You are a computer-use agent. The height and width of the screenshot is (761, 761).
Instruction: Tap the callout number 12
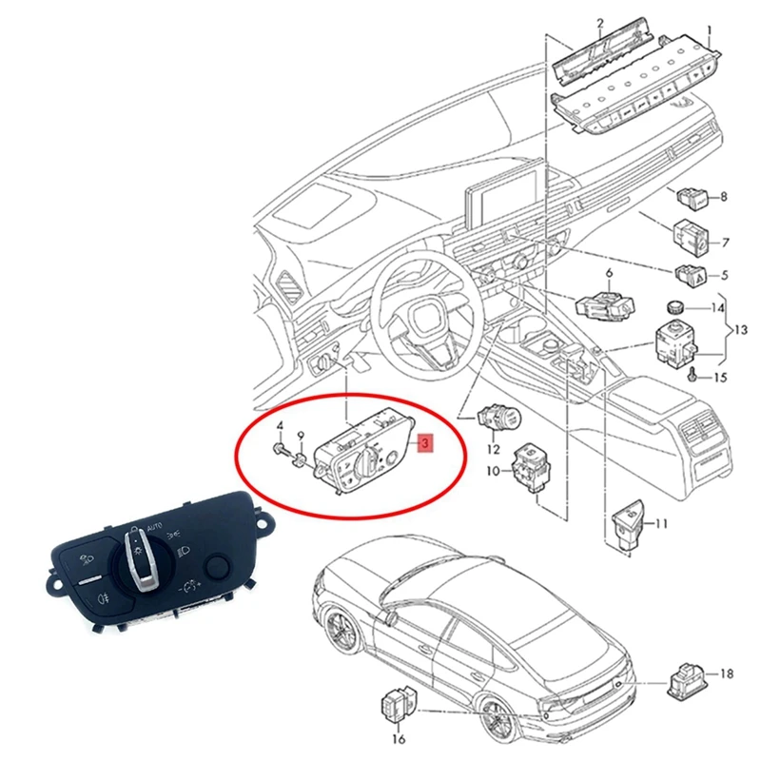point(494,448)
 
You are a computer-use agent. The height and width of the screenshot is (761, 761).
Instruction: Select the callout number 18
point(727,673)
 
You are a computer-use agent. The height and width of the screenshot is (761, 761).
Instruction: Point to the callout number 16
point(399,738)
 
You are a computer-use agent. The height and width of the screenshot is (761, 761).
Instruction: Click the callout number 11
point(662,523)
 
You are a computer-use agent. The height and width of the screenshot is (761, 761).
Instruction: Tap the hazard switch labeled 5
point(691,276)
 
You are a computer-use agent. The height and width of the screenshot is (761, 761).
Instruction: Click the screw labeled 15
point(694,375)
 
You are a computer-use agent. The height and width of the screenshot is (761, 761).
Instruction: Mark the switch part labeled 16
point(396,708)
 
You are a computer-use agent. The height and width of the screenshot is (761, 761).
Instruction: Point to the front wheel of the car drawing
point(341,633)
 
